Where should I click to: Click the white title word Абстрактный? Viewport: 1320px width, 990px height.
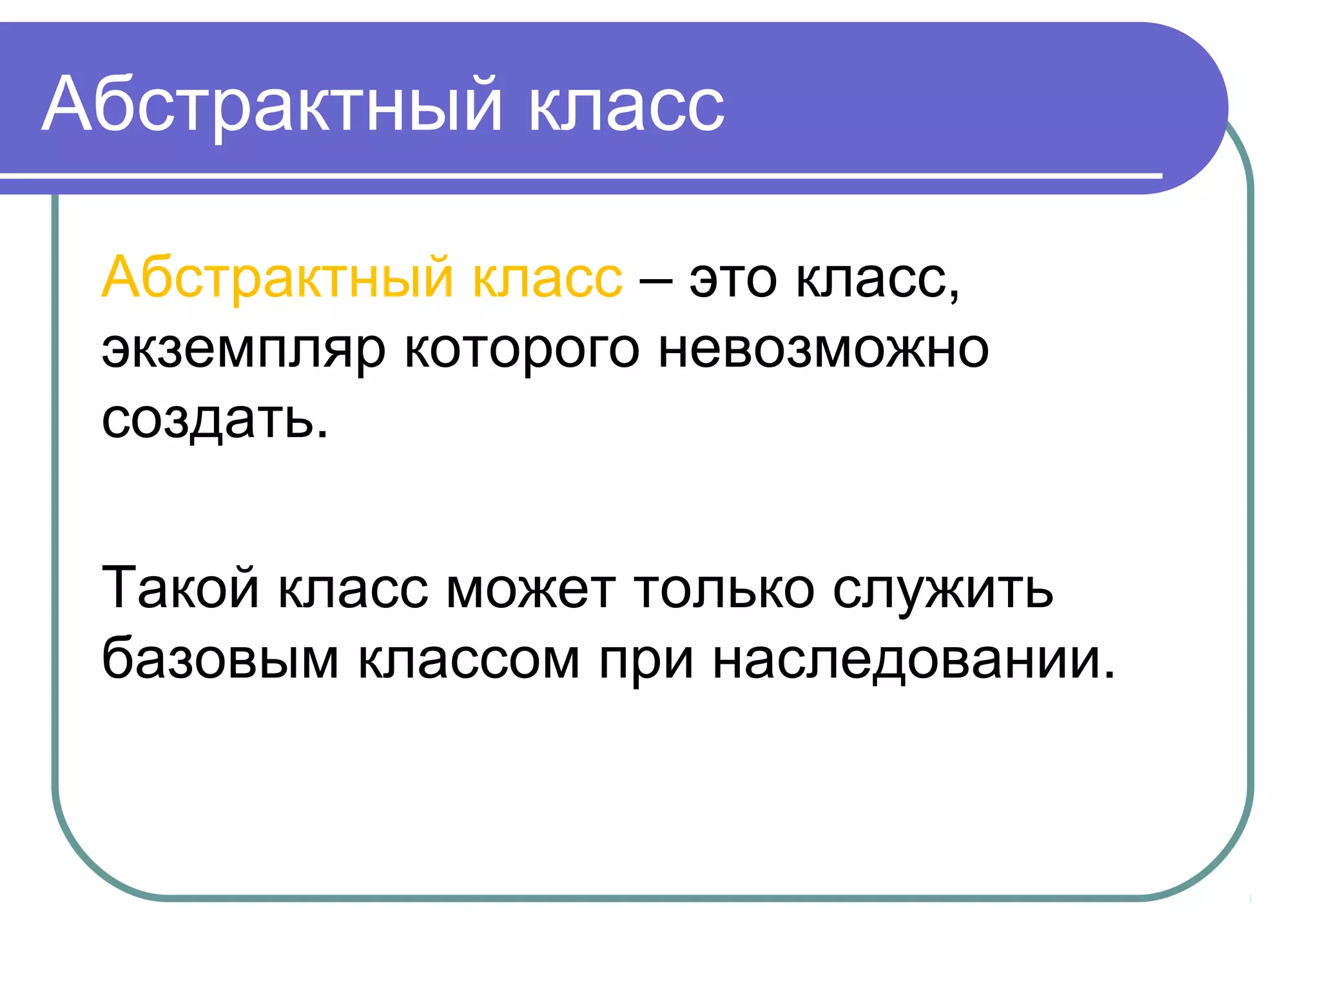click(271, 104)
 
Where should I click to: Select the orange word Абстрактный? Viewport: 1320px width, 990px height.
click(278, 278)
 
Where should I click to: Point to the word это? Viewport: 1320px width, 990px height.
click(733, 281)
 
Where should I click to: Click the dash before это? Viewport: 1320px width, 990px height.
click(656, 281)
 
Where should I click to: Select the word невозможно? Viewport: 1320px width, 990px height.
click(823, 349)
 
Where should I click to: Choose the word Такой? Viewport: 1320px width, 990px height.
click(180, 587)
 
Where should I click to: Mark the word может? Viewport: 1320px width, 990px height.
click(530, 590)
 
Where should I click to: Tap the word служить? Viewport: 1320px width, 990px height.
click(942, 590)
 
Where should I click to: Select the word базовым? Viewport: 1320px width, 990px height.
click(220, 659)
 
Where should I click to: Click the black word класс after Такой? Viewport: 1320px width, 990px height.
click(353, 590)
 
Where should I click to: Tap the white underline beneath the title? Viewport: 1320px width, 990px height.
click(580, 176)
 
